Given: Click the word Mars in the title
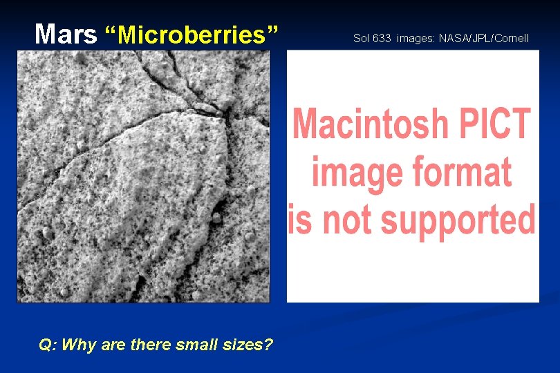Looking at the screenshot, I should (x=66, y=34).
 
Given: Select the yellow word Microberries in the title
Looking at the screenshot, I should (x=192, y=34).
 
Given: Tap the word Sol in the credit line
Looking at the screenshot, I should (x=362, y=38).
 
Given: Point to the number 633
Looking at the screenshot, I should (x=382, y=38).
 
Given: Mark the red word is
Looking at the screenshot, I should (x=300, y=220).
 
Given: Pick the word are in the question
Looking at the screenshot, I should (x=113, y=344).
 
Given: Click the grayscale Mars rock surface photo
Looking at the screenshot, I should (x=143, y=177).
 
